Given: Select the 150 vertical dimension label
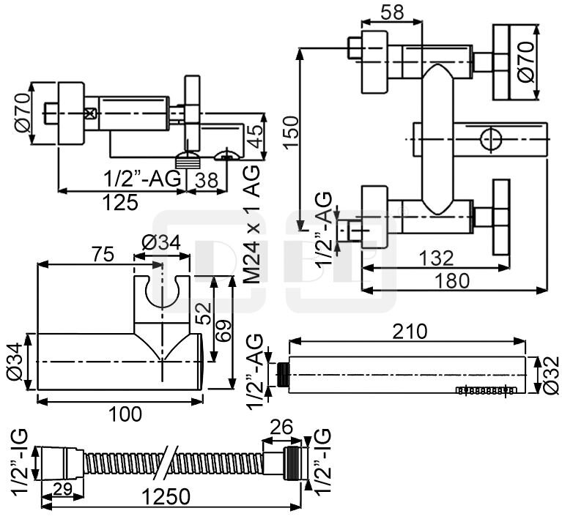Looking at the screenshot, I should point(292,130).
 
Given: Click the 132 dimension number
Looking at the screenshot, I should point(437,258).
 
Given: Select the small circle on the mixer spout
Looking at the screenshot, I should point(489,138).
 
